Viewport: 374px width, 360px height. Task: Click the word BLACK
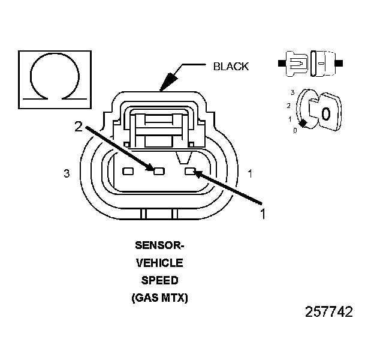[231, 67]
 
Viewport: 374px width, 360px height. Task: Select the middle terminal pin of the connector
[159, 171]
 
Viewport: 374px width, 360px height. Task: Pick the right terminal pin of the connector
[191, 172]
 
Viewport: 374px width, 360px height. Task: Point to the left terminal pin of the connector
[127, 171]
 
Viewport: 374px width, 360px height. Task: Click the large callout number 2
[78, 126]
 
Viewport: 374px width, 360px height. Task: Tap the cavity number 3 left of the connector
[67, 173]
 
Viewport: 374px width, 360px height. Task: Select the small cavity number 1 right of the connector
[250, 173]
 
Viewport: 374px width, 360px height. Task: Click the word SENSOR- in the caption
[159, 245]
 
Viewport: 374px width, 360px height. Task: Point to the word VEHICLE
[159, 263]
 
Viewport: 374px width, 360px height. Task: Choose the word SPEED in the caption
[159, 280]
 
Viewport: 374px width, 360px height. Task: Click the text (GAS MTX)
[159, 298]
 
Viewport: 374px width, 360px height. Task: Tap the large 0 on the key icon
[325, 113]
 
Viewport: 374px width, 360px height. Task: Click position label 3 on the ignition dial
[292, 92]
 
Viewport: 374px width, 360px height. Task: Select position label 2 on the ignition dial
[289, 106]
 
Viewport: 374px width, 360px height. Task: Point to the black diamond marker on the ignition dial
[303, 123]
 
